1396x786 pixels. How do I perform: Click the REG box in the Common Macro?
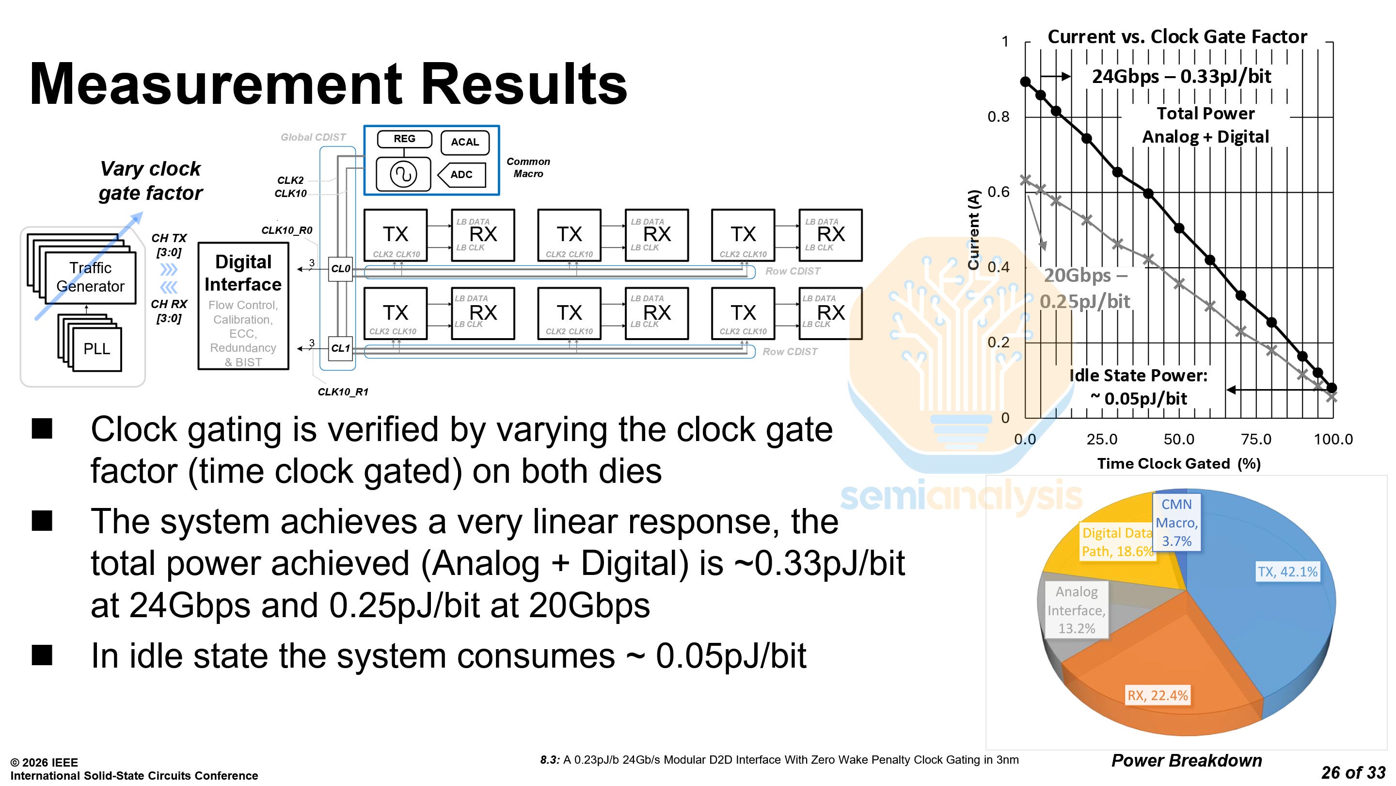(x=404, y=139)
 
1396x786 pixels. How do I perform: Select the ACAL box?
(x=465, y=142)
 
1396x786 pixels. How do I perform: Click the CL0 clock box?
(x=341, y=268)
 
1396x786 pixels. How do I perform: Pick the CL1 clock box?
(x=341, y=348)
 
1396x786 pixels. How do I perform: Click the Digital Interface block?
(x=243, y=306)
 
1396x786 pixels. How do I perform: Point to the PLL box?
(x=96, y=349)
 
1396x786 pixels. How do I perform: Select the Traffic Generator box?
(x=90, y=277)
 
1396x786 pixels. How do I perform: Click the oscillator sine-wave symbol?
(x=403, y=175)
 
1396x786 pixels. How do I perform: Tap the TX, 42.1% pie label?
(x=1287, y=572)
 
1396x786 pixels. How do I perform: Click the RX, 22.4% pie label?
(x=1158, y=695)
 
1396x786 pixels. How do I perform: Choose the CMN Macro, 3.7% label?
(x=1176, y=523)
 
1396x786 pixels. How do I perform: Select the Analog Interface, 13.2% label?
(x=1076, y=610)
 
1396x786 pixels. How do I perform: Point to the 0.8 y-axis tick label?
(x=998, y=116)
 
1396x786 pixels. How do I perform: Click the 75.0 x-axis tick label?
(x=1255, y=440)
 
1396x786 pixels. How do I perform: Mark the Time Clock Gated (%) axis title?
(x=1179, y=464)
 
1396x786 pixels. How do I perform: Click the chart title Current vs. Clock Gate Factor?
(x=1177, y=37)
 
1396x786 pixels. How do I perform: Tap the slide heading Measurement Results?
(x=328, y=84)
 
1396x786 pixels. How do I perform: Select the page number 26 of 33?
(x=1353, y=772)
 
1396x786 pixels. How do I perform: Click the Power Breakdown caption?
(x=1186, y=760)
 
